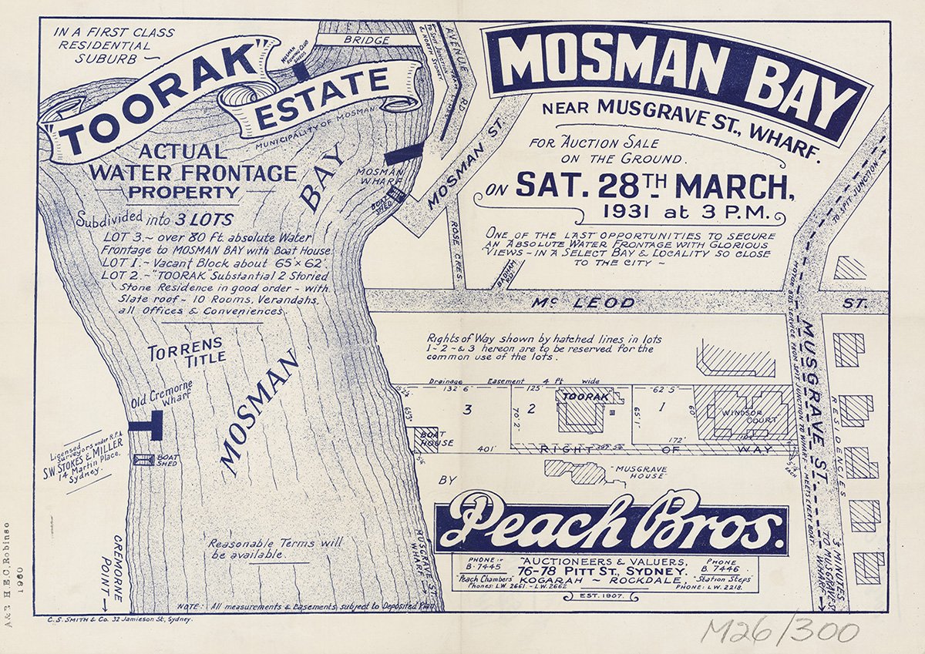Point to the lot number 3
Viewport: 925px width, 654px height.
tap(466, 411)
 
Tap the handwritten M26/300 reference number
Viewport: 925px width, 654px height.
tap(779, 632)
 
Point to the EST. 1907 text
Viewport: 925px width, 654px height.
tap(593, 595)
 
